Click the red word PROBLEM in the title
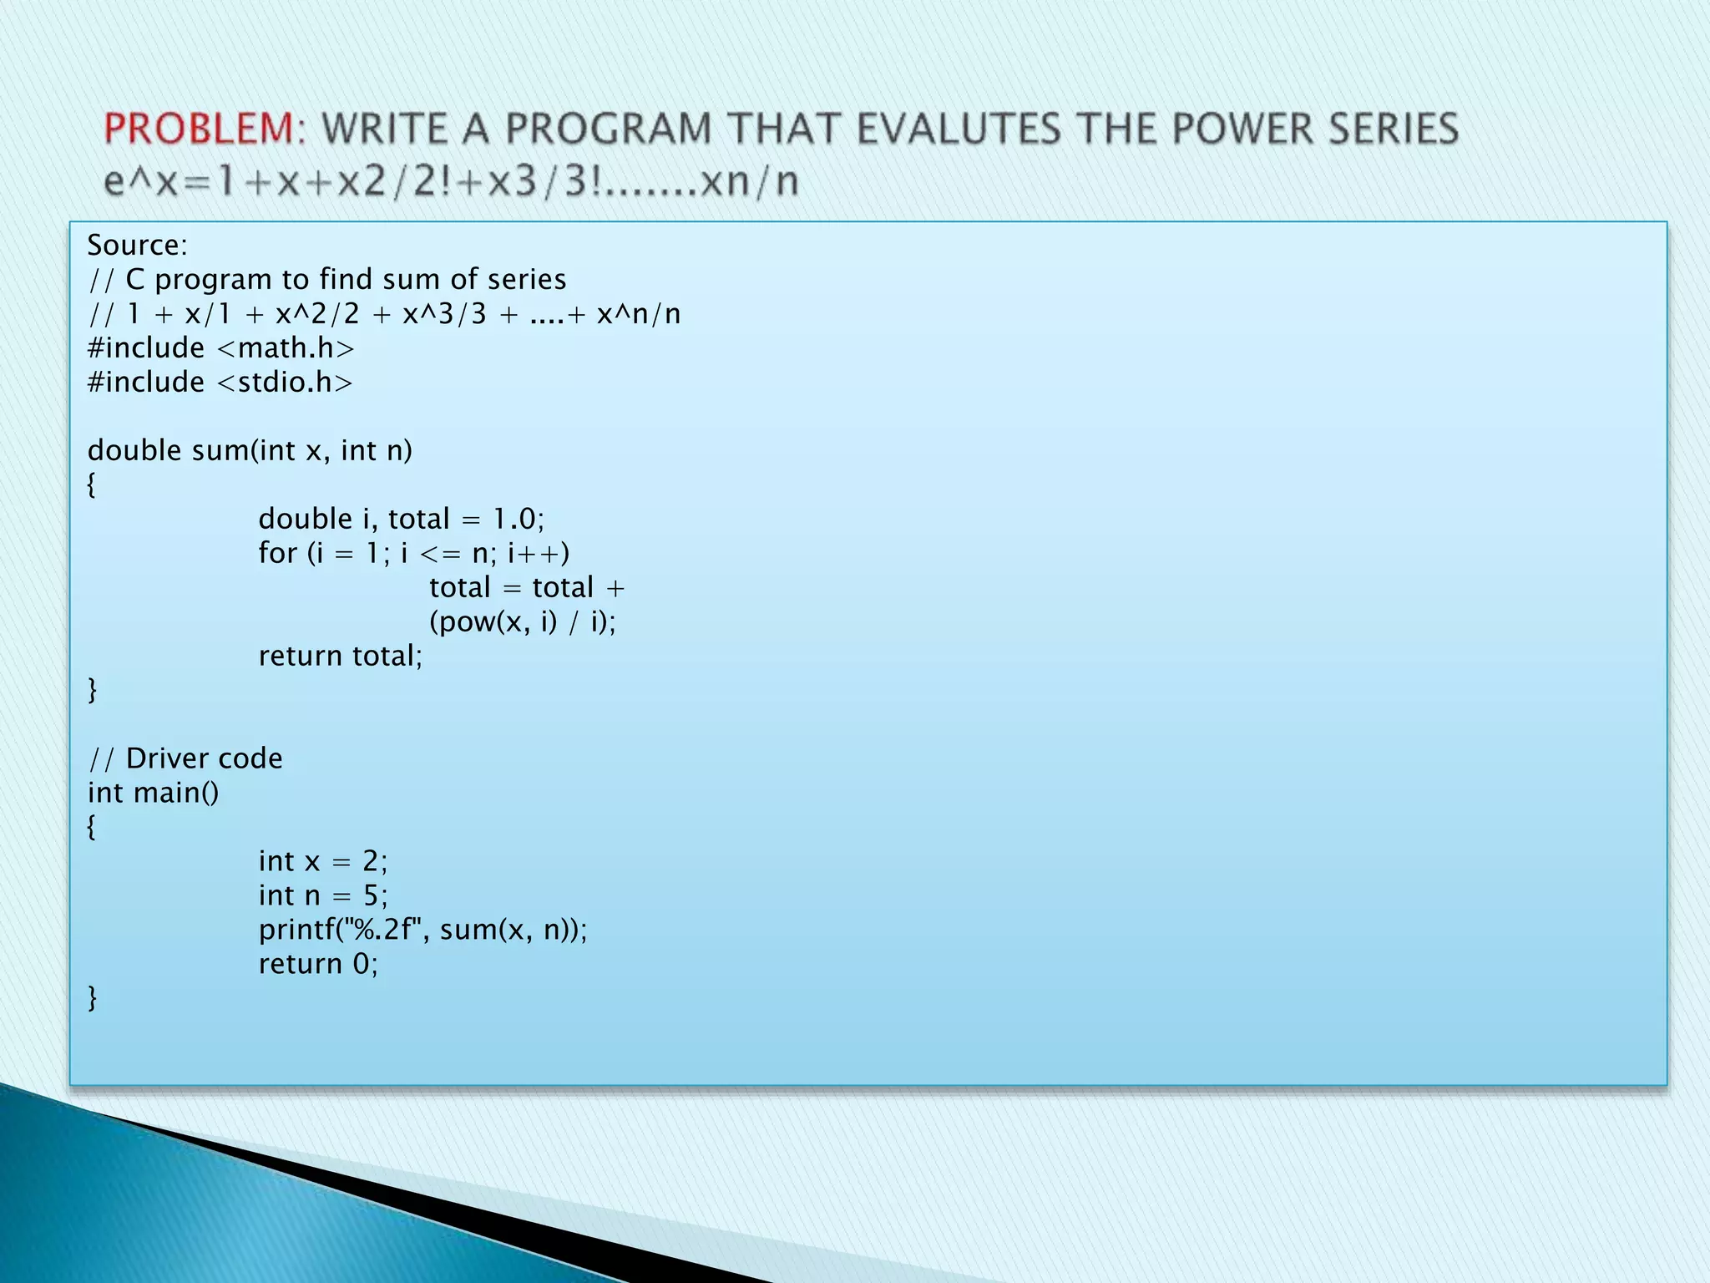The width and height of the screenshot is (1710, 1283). [199, 129]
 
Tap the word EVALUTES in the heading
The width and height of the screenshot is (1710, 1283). [959, 129]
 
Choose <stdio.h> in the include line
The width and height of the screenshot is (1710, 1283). [285, 383]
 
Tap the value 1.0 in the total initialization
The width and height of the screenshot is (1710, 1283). [514, 520]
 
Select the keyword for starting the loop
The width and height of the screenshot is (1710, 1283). [277, 553]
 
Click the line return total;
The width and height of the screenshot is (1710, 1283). [341, 657]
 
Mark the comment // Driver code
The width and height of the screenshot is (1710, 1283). [185, 758]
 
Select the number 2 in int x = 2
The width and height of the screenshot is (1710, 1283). [370, 861]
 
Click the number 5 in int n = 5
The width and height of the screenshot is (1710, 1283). [371, 895]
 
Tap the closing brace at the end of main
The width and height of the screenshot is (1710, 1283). [92, 998]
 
